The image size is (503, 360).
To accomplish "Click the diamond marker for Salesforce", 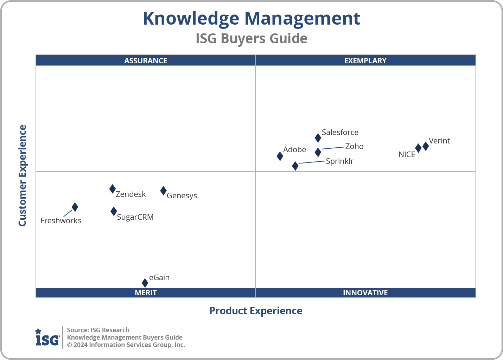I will pyautogui.click(x=318, y=138).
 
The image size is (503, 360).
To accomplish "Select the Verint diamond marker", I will pyautogui.click(x=426, y=146).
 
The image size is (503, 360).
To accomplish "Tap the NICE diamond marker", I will pyautogui.click(x=418, y=148).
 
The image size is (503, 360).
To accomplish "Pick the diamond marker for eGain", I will pyautogui.click(x=145, y=283).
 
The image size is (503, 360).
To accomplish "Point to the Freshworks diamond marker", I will pyautogui.click(x=75, y=207).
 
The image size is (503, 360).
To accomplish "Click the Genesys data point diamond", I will pyautogui.click(x=164, y=191).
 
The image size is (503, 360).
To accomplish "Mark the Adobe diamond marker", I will pyautogui.click(x=280, y=156).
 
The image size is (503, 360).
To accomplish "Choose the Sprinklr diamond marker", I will pyautogui.click(x=295, y=166).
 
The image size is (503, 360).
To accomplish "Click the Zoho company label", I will pyautogui.click(x=354, y=146).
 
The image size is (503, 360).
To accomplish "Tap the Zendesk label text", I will pyautogui.click(x=130, y=194).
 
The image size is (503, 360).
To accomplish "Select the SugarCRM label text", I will pyautogui.click(x=135, y=217).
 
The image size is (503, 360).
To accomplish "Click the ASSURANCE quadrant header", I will pyautogui.click(x=146, y=60).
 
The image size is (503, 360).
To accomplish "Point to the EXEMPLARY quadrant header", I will pyautogui.click(x=365, y=60).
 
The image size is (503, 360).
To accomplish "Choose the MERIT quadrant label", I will pyautogui.click(x=146, y=292).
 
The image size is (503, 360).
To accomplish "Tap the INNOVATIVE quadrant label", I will pyautogui.click(x=365, y=292).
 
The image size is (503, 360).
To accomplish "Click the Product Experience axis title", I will pyautogui.click(x=256, y=311).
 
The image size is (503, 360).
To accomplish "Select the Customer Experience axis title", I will pyautogui.click(x=23, y=175).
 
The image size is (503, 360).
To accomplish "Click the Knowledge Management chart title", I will pyautogui.click(x=251, y=18).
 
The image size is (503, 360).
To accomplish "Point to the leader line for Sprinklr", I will pyautogui.click(x=311, y=162).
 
